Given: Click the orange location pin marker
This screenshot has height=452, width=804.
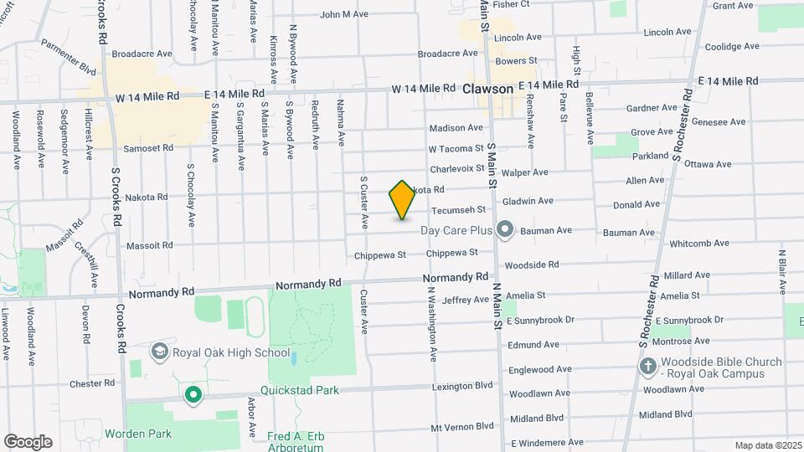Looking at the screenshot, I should click(x=403, y=200).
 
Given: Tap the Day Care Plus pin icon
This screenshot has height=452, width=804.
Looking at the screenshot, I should click(x=504, y=229).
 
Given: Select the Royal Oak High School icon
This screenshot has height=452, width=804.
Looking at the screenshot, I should click(x=159, y=352).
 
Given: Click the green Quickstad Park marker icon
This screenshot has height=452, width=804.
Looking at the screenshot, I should click(x=193, y=394).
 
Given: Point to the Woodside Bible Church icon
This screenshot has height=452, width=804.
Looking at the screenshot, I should click(x=648, y=367).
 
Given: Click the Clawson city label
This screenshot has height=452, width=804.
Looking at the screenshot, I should click(x=487, y=88).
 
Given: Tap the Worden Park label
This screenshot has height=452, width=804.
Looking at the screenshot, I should click(x=138, y=434).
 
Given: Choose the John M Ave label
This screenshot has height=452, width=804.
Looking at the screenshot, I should click(x=344, y=14).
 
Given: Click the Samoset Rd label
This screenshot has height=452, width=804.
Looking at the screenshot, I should click(x=149, y=147).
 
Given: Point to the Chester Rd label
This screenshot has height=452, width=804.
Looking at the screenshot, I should click(x=92, y=383).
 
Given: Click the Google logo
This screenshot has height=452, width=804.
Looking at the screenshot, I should click(x=28, y=442).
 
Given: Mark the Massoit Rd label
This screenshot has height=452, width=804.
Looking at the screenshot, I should click(x=149, y=245).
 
